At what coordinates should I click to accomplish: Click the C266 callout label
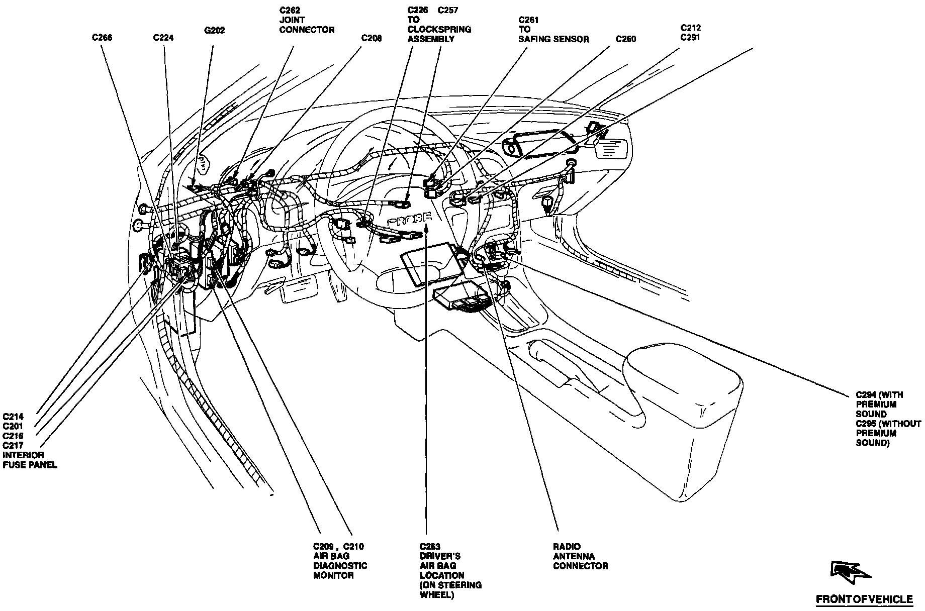pyautogui.click(x=102, y=38)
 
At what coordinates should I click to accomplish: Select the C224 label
pyautogui.click(x=163, y=38)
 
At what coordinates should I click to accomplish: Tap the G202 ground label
pyautogui.click(x=214, y=31)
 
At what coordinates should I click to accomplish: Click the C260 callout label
pyautogui.click(x=626, y=39)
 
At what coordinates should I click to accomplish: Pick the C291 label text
pyautogui.click(x=691, y=38)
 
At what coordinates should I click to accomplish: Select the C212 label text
pyautogui.click(x=691, y=28)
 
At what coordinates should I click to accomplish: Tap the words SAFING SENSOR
pyautogui.click(x=553, y=39)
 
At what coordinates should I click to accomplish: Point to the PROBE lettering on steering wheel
pyautogui.click(x=409, y=220)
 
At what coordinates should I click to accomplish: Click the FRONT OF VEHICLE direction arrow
pyautogui.click(x=851, y=573)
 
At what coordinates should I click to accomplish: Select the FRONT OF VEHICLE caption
pyautogui.click(x=864, y=599)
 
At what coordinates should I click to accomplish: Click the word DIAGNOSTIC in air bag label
pyautogui.click(x=340, y=566)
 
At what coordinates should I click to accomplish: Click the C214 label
pyautogui.click(x=13, y=417)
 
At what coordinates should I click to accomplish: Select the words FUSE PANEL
pyautogui.click(x=30, y=465)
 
